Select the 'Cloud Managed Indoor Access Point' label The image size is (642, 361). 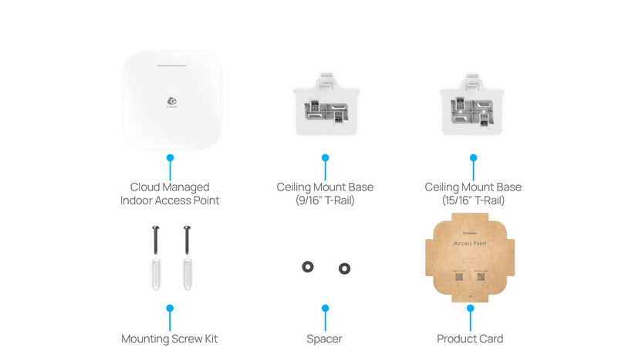coord(170,194)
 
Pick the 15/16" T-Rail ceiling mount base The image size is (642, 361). coord(473,105)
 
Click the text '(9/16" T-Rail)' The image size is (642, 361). coord(325,201)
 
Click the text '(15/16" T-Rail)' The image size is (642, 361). coord(473,201)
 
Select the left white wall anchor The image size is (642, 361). coord(156,274)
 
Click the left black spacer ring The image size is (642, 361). coord(308,266)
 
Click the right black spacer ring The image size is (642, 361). coord(343,268)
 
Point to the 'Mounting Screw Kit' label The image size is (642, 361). coord(170,339)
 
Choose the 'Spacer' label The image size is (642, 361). coord(325,339)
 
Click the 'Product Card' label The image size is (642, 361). coord(470,339)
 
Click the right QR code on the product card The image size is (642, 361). coord(481,277)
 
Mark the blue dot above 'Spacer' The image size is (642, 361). coord(325,307)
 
